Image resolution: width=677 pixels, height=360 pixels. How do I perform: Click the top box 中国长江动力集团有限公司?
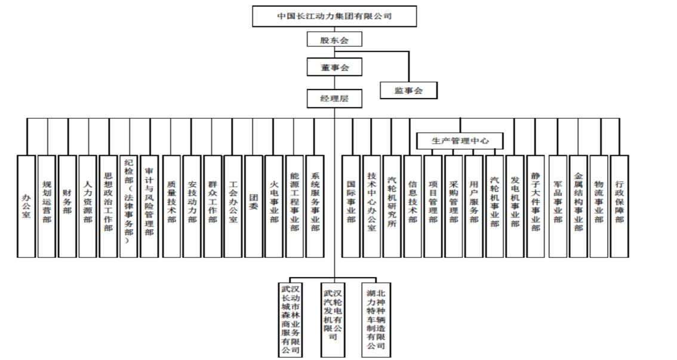pos(334,16)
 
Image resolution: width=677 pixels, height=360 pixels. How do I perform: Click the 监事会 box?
pos(408,90)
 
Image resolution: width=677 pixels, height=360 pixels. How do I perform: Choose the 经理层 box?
pos(334,98)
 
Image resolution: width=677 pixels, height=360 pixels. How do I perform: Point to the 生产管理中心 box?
pos(460,141)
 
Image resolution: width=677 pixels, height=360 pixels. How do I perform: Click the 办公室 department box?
pos(26,206)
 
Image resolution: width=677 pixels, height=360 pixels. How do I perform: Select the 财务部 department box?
pos(67,206)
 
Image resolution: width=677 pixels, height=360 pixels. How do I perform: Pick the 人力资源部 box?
pos(88,206)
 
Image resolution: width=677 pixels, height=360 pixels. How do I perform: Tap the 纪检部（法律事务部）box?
pos(128,206)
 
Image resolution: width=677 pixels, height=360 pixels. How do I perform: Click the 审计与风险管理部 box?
pos(149,206)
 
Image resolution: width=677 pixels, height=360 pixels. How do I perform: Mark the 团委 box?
pos(253,206)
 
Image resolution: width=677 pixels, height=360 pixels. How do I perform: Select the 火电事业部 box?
pos(273,206)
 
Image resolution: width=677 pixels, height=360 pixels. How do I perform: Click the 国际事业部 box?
pos(351,206)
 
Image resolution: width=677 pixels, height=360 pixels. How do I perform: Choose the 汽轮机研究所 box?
pos(392,206)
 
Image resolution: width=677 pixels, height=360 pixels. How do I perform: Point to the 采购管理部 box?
pos(454,206)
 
